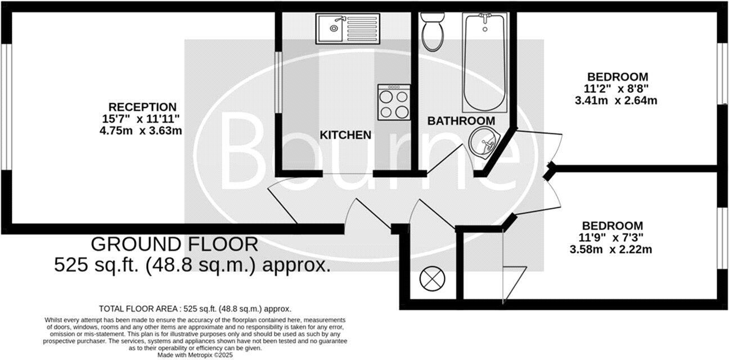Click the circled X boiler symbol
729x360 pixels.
tap(432, 278)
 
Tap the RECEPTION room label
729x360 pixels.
tap(142, 107)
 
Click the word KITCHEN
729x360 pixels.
tap(345, 135)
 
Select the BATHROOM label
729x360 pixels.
tap(461, 121)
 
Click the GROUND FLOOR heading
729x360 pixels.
tap(174, 244)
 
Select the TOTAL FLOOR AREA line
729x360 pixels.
tap(195, 309)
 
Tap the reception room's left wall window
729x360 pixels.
tap(6, 106)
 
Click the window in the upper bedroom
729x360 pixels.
tap(721, 73)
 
